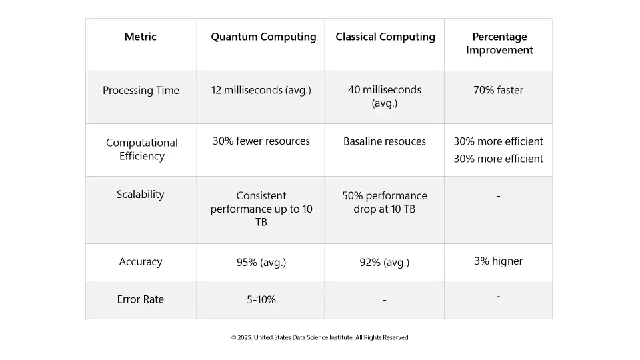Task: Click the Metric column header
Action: click(x=141, y=37)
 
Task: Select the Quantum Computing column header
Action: click(x=263, y=37)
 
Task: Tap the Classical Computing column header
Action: click(x=385, y=37)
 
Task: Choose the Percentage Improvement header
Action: click(x=499, y=43)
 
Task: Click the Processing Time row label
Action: click(x=141, y=91)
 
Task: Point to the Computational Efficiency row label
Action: click(x=141, y=149)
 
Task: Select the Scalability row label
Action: click(x=141, y=195)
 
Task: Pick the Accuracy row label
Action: click(x=141, y=262)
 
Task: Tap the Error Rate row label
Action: click(x=141, y=299)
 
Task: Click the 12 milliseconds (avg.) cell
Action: click(x=261, y=91)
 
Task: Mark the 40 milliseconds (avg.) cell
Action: click(x=385, y=96)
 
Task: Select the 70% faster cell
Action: click(x=499, y=90)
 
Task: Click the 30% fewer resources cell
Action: click(x=261, y=141)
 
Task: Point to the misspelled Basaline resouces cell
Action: click(x=385, y=141)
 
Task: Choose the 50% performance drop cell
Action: click(x=385, y=202)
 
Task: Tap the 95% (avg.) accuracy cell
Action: click(x=261, y=262)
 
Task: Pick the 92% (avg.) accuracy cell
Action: click(x=385, y=263)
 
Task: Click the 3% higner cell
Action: click(x=499, y=261)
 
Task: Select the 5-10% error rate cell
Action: click(x=261, y=300)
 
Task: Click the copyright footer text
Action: click(x=320, y=337)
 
